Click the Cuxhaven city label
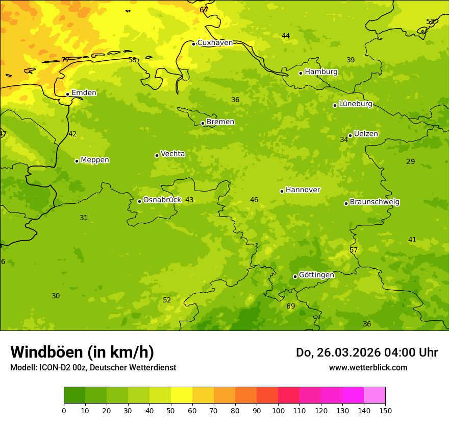click(215, 43)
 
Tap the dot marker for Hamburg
click(301, 73)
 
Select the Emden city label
click(84, 93)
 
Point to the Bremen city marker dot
click(203, 123)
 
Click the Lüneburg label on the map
click(355, 104)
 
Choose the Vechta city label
click(172, 154)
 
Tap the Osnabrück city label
click(162, 200)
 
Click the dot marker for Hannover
click(282, 191)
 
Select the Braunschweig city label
click(375, 202)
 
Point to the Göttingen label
click(316, 275)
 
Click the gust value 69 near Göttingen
click(290, 307)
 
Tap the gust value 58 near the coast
click(132, 60)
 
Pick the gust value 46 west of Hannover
click(254, 200)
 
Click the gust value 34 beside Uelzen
click(344, 139)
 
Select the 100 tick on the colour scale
click(278, 410)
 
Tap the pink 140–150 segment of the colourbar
click(375, 395)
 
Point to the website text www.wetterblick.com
click(368, 368)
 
